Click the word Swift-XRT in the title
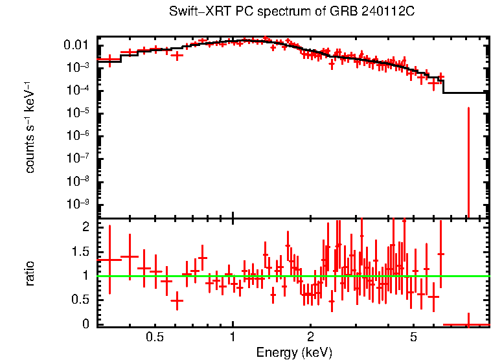tap(194, 12)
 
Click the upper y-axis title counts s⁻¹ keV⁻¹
tap(30, 127)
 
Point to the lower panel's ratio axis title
tap(30, 274)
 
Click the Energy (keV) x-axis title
tap(294, 352)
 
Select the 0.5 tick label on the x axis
tap(154, 337)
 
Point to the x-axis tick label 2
tap(310, 337)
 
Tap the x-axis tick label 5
tap(413, 337)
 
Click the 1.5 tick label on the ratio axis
tap(83, 251)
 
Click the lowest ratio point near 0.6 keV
tap(177, 300)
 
